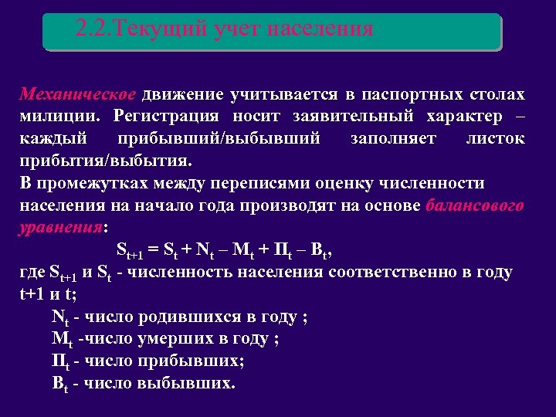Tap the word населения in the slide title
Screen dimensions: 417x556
[x=320, y=29]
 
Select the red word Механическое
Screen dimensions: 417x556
[x=78, y=95]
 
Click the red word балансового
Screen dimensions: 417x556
[x=474, y=206]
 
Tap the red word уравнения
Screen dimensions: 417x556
[x=60, y=229]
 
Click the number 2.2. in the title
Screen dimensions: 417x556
[x=93, y=29]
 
